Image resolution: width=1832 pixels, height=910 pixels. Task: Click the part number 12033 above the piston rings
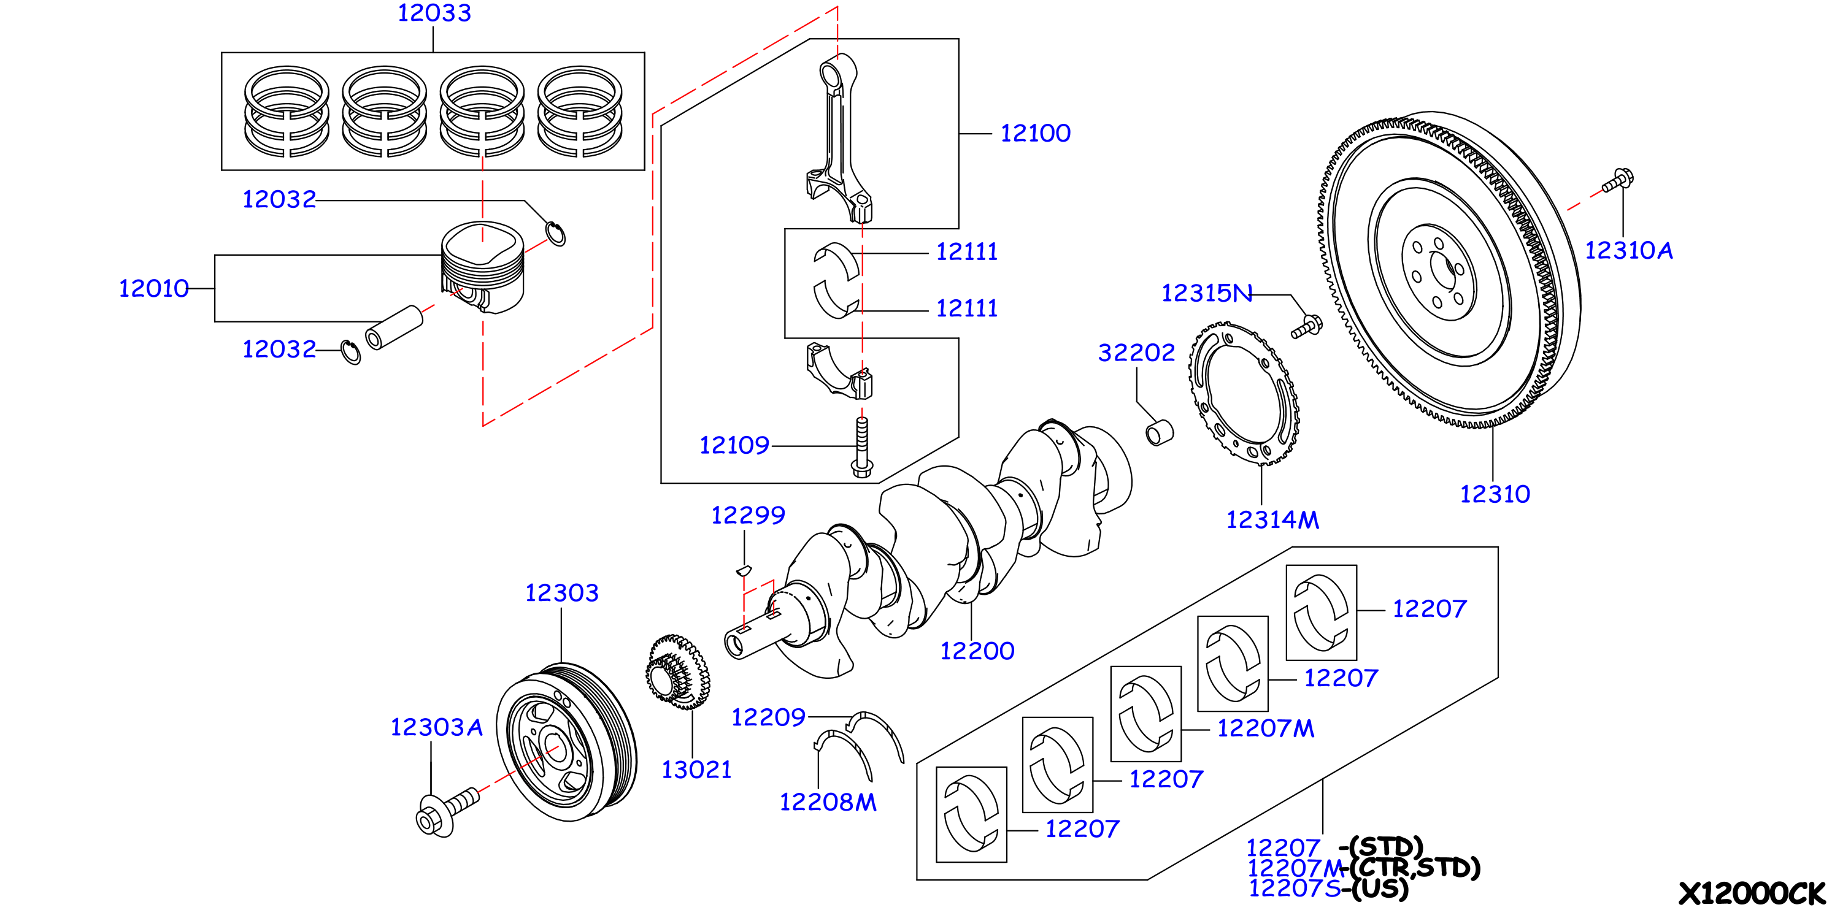434,13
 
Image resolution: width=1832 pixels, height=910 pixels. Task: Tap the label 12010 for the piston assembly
153,289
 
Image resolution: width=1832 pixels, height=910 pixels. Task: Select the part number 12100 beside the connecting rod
1036,133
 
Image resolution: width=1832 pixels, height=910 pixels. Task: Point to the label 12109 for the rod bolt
734,445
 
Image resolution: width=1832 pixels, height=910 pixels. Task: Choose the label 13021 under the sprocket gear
696,770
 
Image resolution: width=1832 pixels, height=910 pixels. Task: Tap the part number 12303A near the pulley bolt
437,727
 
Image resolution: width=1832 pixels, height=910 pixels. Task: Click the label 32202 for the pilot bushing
1136,353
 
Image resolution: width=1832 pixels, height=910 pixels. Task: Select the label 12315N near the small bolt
1207,293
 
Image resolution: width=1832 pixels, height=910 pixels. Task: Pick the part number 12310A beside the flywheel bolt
1628,250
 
